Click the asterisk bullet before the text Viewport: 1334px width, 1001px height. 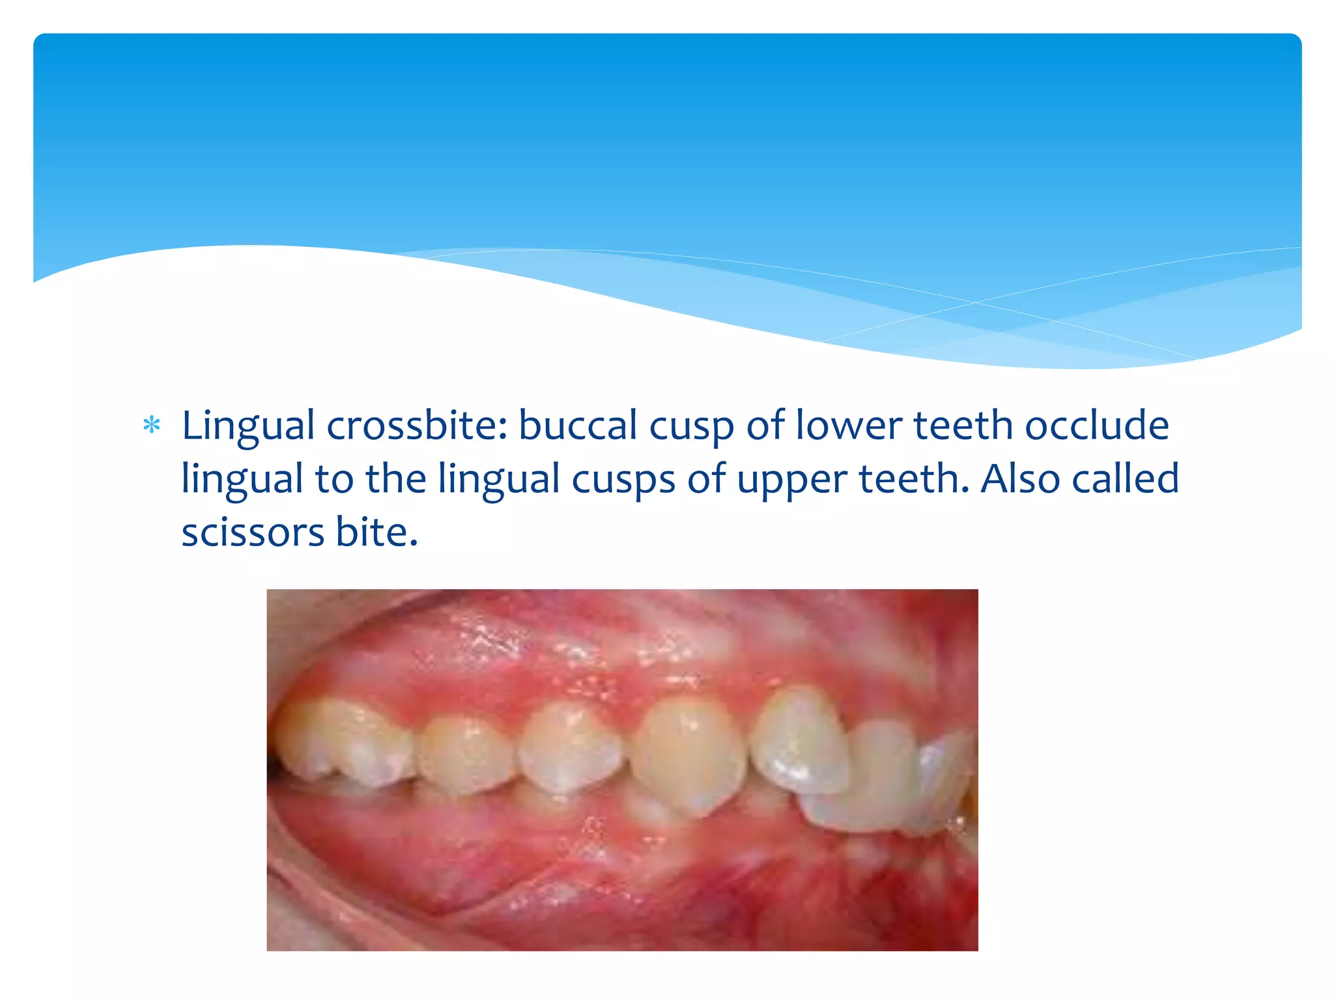click(152, 426)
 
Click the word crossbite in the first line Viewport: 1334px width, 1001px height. click(417, 426)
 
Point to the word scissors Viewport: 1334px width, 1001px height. click(253, 532)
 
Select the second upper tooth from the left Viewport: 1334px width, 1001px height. click(464, 754)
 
